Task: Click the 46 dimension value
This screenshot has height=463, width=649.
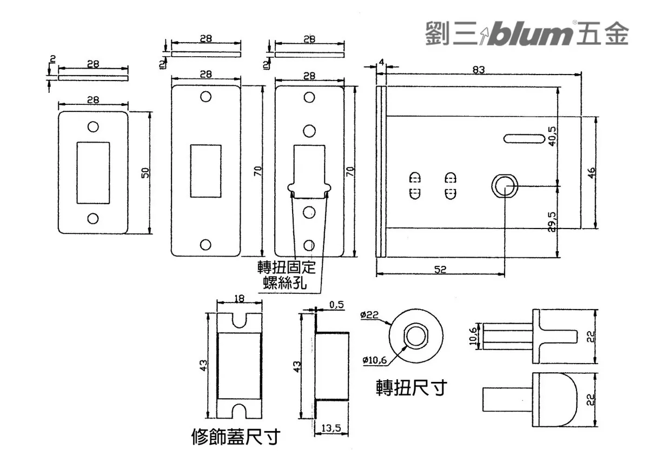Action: (591, 173)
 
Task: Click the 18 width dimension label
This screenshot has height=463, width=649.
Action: (240, 297)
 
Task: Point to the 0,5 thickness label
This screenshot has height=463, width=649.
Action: (336, 304)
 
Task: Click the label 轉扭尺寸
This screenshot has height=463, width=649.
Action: (412, 387)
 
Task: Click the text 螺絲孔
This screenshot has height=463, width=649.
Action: (285, 282)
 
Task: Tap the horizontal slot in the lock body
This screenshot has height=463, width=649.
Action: (524, 138)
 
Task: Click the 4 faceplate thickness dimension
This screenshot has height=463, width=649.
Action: (382, 63)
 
